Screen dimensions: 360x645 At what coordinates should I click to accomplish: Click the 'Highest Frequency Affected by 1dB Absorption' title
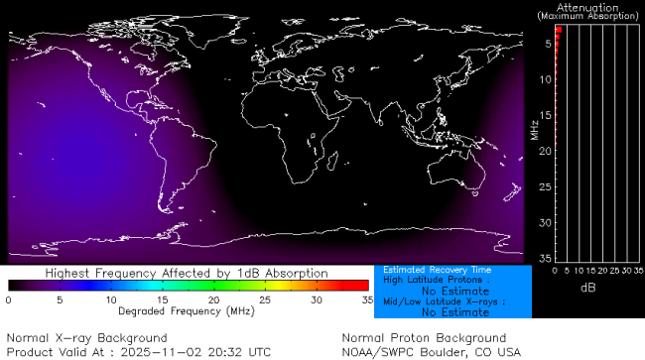tap(187, 273)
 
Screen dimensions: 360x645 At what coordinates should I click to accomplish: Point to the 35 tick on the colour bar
tap(366, 299)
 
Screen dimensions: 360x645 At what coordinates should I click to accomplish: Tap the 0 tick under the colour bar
tap(9, 299)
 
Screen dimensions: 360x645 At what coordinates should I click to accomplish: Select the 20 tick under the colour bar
tap(213, 299)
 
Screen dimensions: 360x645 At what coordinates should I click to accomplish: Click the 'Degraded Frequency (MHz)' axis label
tap(187, 311)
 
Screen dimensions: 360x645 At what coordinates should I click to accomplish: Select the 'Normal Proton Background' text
tap(424, 338)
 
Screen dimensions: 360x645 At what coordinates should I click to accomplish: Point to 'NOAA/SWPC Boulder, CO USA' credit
tap(431, 351)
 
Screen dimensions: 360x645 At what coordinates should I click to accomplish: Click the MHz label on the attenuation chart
tap(534, 129)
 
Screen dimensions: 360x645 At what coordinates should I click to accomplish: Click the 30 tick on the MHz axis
tap(545, 222)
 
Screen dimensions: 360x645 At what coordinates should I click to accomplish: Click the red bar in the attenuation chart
tap(558, 31)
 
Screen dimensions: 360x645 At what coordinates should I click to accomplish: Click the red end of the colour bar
tap(357, 286)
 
